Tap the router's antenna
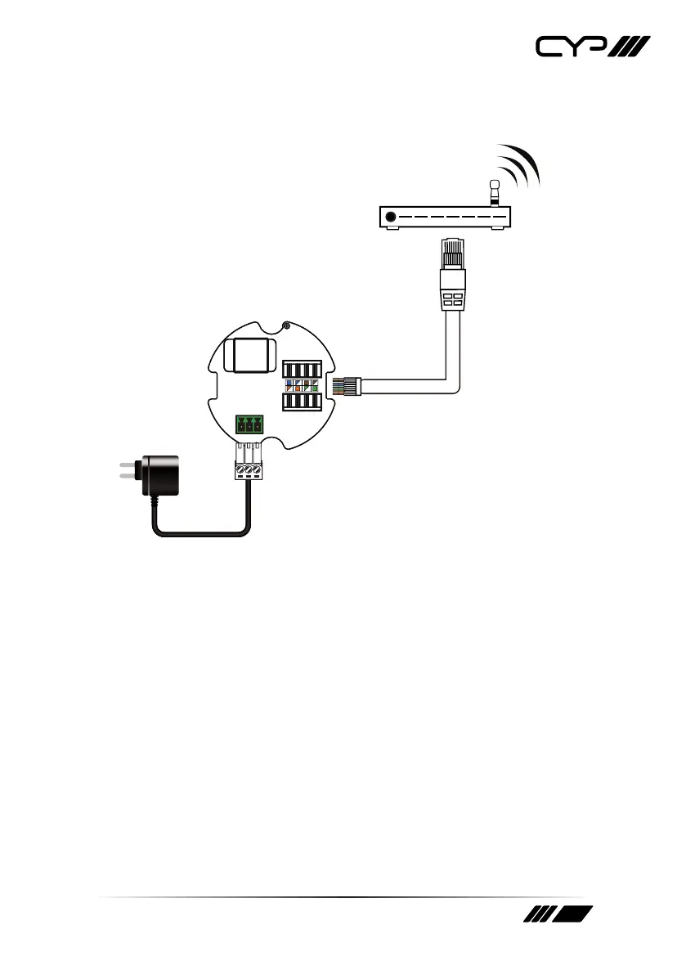(494, 193)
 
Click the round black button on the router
(392, 217)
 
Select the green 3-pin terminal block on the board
(249, 424)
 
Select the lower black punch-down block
(301, 402)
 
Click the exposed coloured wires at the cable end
(338, 385)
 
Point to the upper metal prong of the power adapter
(126, 467)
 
